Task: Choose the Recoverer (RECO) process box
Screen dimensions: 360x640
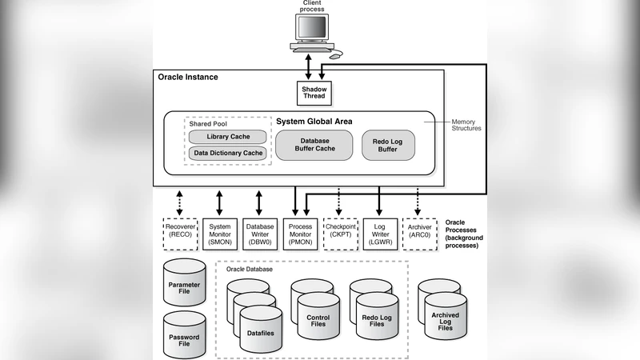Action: coord(178,233)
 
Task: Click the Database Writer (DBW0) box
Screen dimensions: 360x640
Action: coord(259,233)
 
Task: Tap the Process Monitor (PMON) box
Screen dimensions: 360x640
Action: coord(299,233)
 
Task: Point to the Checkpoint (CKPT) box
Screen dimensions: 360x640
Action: coord(340,233)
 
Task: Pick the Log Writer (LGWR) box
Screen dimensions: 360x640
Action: coord(380,233)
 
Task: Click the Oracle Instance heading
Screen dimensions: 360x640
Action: coord(187,77)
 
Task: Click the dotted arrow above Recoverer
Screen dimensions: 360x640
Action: coord(178,202)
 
